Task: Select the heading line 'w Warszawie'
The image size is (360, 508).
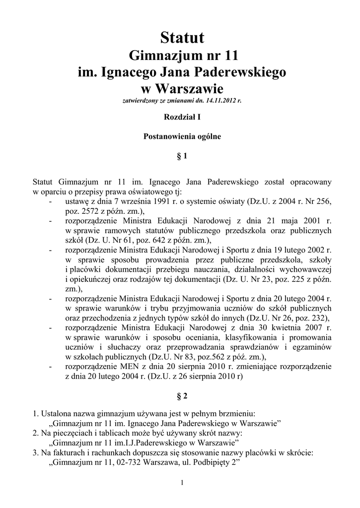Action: coord(182,89)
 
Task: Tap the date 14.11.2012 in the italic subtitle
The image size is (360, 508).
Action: coord(219,101)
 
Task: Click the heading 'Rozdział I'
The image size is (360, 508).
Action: coord(182,118)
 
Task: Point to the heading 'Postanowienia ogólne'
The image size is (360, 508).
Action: coord(182,135)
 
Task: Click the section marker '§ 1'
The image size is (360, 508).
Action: coord(182,156)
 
